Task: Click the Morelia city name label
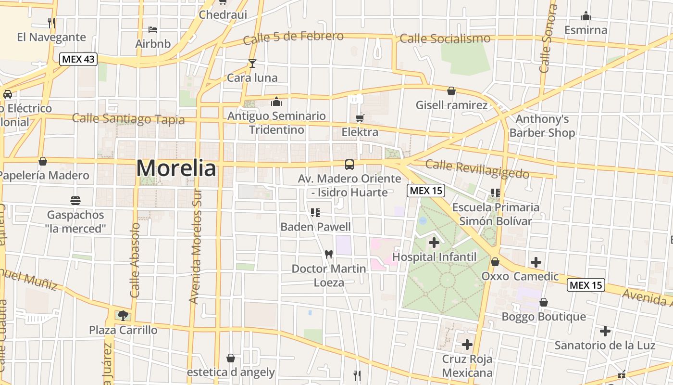point(176,168)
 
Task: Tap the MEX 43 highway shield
point(78,60)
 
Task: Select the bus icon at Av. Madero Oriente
point(349,164)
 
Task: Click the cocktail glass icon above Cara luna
point(252,63)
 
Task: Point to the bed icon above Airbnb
point(153,30)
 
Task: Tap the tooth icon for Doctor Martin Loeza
point(329,254)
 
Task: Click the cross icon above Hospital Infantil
point(434,243)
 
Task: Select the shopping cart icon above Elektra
point(360,118)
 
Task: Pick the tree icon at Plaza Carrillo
point(123,316)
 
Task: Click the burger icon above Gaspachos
point(75,200)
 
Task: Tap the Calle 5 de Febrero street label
point(293,37)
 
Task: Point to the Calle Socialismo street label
point(445,38)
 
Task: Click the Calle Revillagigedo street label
point(477,169)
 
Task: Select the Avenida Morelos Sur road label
point(195,260)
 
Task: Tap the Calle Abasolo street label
point(135,260)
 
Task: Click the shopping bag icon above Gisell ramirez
point(451,91)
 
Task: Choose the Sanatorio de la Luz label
point(605,346)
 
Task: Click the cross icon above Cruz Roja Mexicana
point(467,345)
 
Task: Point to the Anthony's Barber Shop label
point(542,126)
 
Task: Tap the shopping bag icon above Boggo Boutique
point(543,302)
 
